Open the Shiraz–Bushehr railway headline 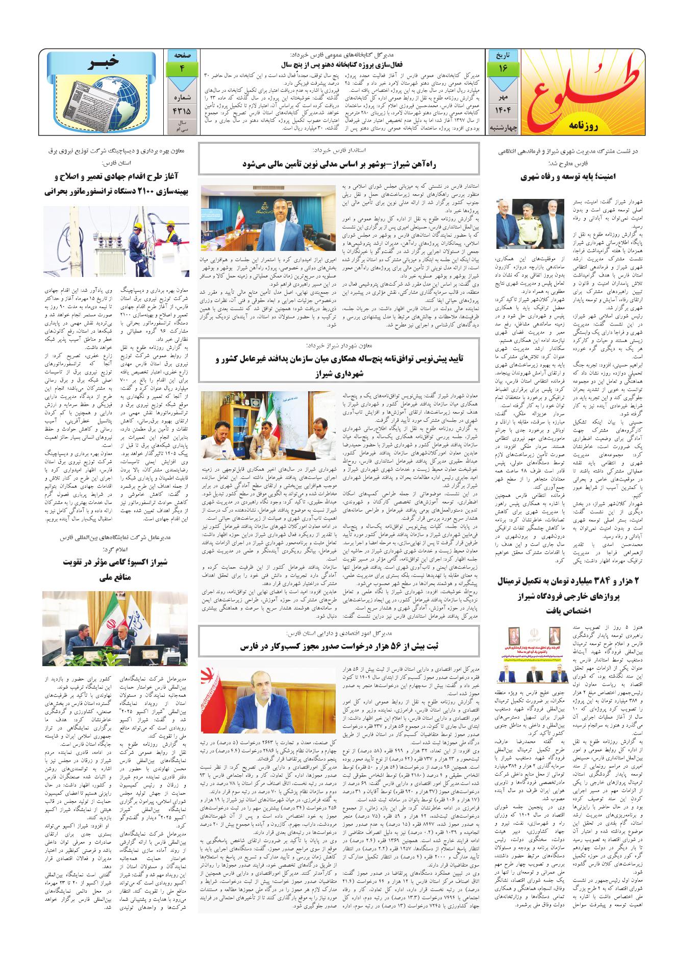(x=340, y=164)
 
